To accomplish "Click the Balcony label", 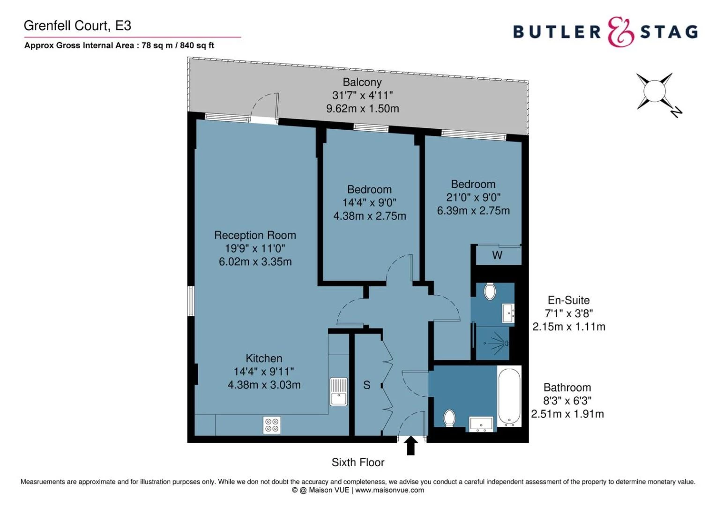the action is [x=362, y=82].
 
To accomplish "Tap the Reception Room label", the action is [x=255, y=235].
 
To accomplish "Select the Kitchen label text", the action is [x=264, y=358].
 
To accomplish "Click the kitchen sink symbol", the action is [x=338, y=391].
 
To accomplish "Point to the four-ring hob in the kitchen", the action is [x=272, y=425].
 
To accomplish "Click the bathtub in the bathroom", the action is [x=509, y=397].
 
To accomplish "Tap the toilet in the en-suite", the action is [x=489, y=291].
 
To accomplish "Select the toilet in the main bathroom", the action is [x=449, y=418].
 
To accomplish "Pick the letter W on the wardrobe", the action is [x=497, y=255].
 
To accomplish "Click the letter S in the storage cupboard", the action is [x=366, y=385].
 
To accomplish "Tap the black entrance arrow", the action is [x=411, y=445].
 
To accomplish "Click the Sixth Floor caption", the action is [x=358, y=462].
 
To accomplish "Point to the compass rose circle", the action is [x=655, y=91].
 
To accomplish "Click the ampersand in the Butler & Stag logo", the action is [x=621, y=32].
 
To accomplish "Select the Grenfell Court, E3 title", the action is [x=78, y=26].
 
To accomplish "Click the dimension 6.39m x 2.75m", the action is [x=473, y=211].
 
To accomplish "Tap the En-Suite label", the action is [x=569, y=300].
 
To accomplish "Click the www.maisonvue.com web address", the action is [x=390, y=490].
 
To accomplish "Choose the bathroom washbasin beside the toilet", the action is [x=481, y=424].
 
